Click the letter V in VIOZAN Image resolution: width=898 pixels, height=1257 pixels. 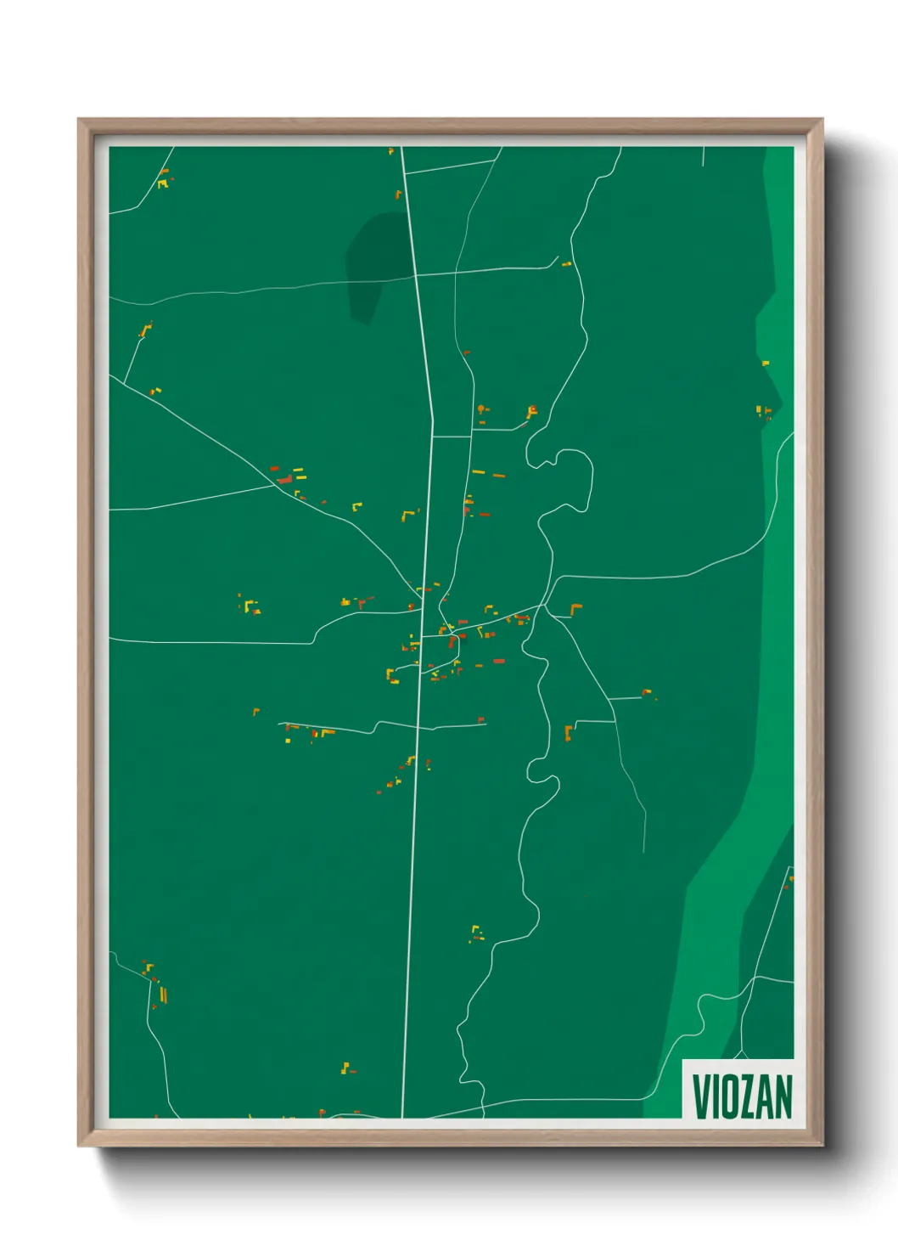[702, 1096]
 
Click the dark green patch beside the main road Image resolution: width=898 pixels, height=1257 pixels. [372, 263]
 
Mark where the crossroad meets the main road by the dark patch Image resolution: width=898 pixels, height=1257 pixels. [415, 274]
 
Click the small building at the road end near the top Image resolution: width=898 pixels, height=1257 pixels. [566, 264]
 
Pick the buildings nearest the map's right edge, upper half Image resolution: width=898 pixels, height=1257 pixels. [764, 412]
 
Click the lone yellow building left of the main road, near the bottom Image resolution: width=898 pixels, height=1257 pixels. [345, 1068]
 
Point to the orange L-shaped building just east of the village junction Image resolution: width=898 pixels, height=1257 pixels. [576, 608]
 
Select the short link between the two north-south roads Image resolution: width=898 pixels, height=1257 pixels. [452, 437]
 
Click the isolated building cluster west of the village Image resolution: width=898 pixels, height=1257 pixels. [250, 606]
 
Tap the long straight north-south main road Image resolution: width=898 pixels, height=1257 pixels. [413, 849]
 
